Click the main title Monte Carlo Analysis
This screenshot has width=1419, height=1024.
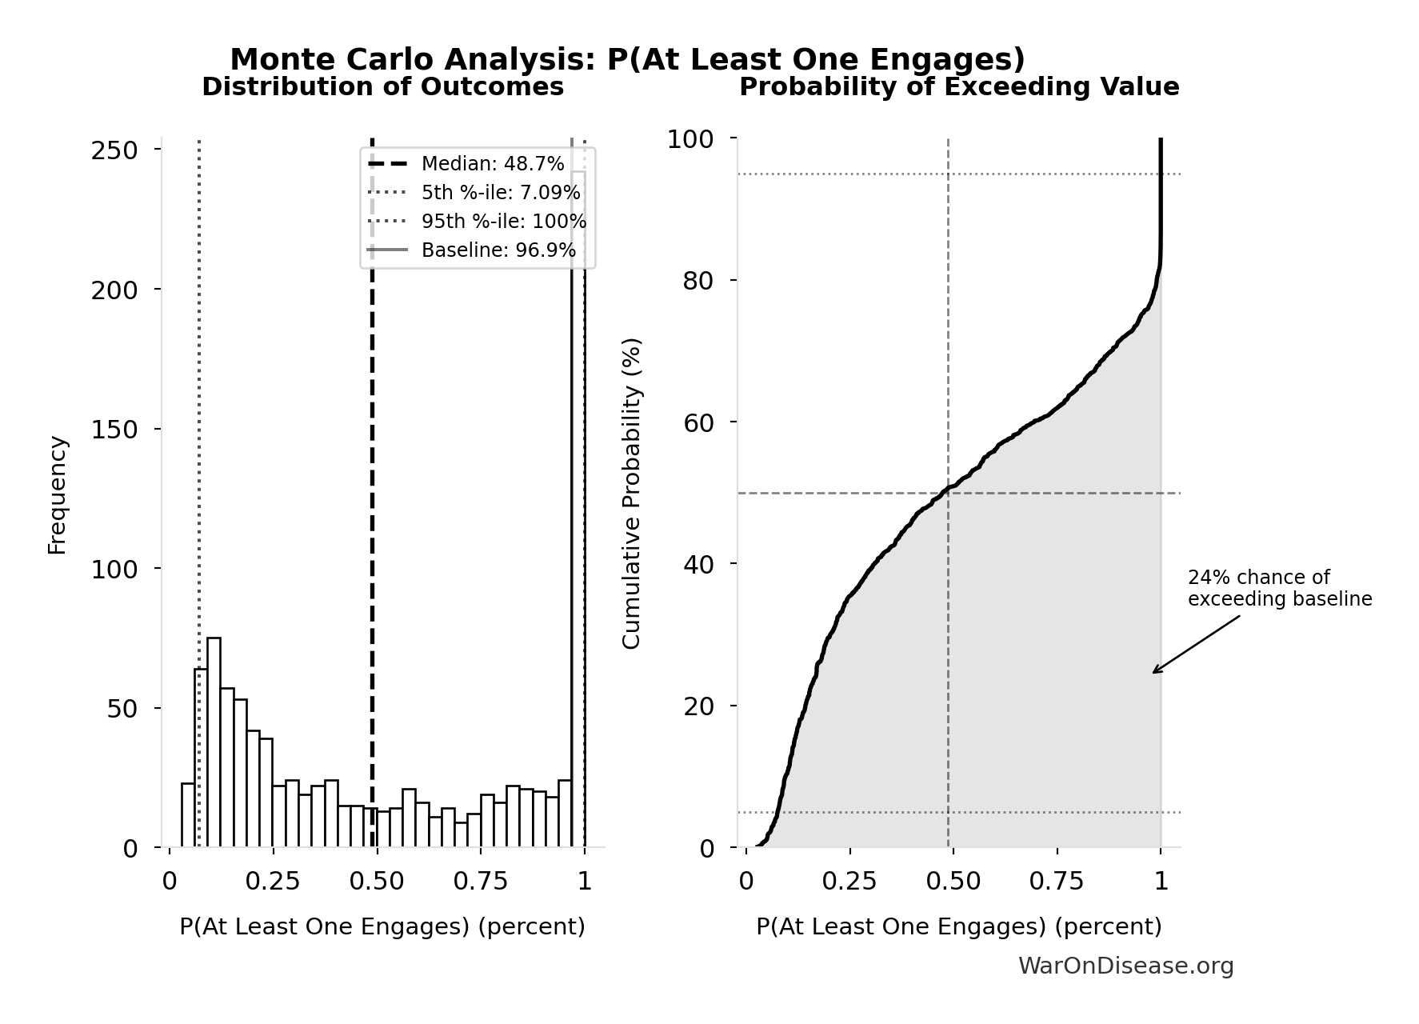tap(627, 60)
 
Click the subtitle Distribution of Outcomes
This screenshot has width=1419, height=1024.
tap(382, 87)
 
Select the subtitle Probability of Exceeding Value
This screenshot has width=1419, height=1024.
tap(958, 87)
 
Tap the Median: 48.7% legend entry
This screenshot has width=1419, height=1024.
tap(492, 164)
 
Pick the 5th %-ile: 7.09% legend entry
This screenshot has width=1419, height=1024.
tap(500, 193)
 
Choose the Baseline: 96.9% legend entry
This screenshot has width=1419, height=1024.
tap(498, 250)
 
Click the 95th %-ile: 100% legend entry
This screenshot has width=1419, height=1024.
tap(503, 222)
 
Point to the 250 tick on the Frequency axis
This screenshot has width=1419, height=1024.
tap(114, 150)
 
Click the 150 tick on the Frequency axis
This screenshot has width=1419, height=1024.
tap(114, 430)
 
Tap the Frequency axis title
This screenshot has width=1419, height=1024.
tap(58, 494)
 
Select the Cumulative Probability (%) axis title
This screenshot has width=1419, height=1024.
tap(632, 494)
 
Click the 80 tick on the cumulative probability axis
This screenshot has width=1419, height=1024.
tap(698, 281)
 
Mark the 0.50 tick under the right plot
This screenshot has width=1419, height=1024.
tap(953, 882)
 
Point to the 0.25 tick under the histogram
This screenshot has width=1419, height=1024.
tap(273, 882)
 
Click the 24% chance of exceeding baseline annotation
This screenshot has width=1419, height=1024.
tap(1278, 589)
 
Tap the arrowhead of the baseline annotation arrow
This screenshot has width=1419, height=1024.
tap(1154, 672)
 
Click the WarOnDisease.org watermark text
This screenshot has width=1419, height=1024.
tap(1125, 966)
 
